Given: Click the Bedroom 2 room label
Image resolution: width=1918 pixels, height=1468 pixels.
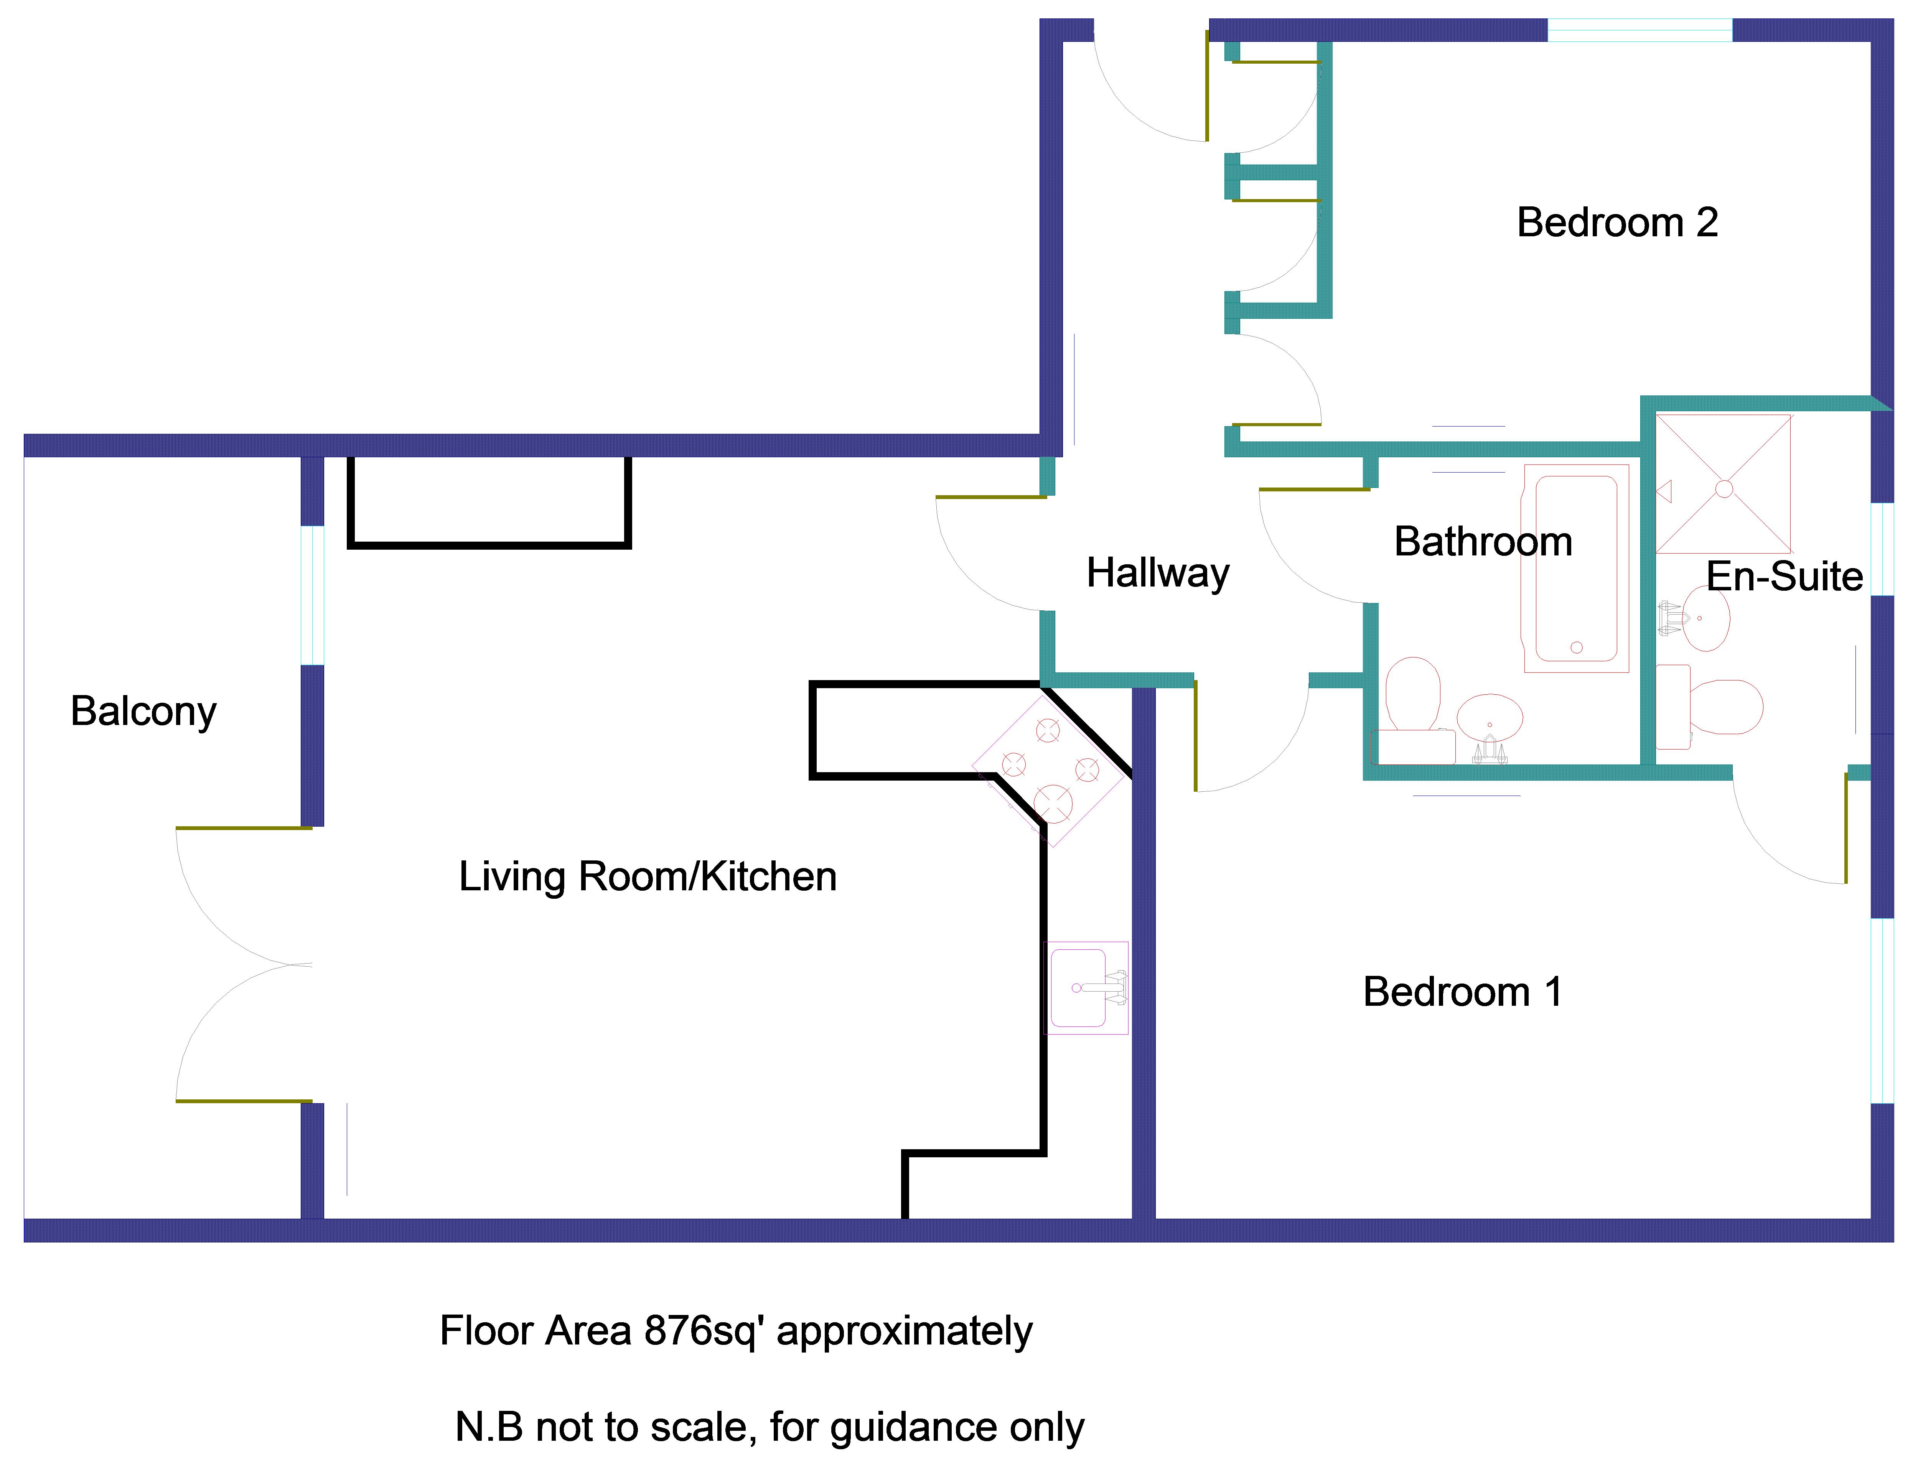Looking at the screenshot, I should click(x=1616, y=223).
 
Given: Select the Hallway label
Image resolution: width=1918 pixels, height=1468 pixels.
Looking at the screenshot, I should click(x=1158, y=573).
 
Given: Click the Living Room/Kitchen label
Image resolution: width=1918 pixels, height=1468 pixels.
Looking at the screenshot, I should click(x=648, y=877).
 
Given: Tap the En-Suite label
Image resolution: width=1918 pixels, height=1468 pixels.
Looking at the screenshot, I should click(x=1784, y=577).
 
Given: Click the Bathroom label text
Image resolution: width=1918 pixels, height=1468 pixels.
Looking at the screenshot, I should click(x=1483, y=542).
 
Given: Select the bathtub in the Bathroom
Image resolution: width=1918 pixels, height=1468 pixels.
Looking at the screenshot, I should click(x=1576, y=568).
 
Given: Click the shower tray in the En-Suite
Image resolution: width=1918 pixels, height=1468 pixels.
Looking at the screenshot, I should click(x=1723, y=485).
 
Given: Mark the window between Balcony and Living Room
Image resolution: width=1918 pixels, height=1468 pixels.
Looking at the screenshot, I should click(x=312, y=595).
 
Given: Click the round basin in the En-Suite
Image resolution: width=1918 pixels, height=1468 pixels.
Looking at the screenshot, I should click(x=1705, y=619).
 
